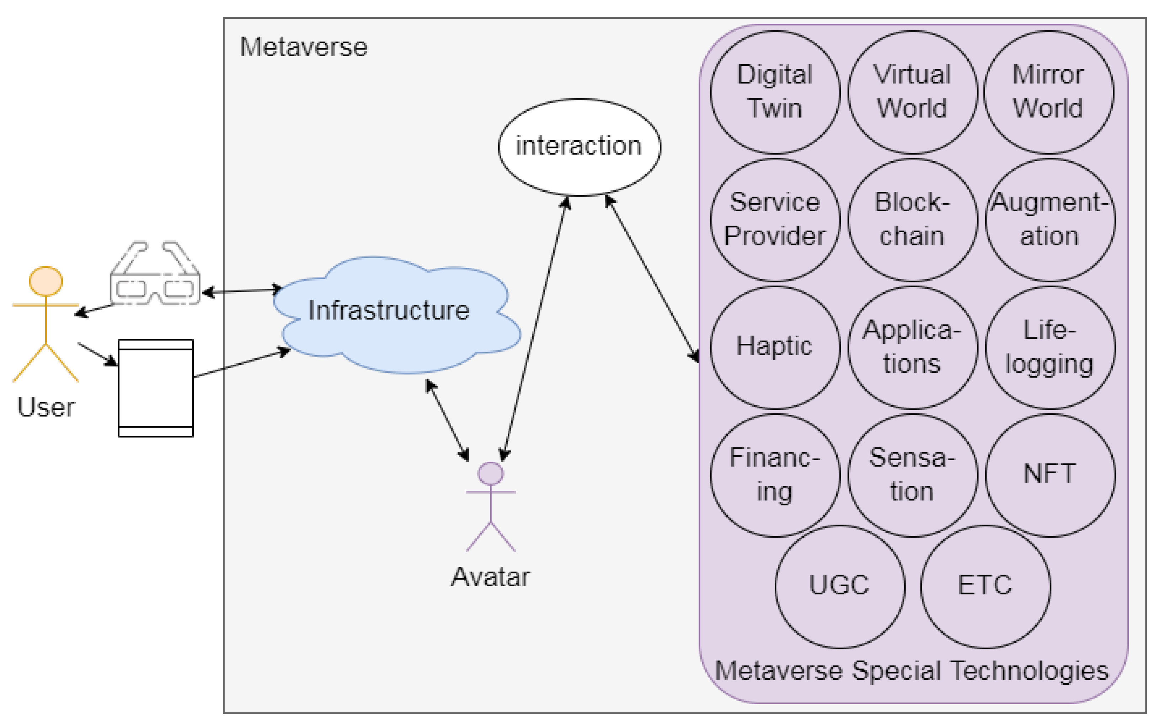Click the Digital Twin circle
775,92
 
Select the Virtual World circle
913,92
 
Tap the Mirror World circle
1049,92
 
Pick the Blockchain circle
913,220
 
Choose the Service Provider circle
775,220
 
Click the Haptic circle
775,347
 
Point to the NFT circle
1050,475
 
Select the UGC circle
840,587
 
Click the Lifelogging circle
1050,347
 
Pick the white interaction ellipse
579,147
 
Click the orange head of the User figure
46,281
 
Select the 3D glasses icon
155,273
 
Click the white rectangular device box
156,388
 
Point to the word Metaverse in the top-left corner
304,47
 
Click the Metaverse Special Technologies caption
912,671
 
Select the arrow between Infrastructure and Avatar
447,420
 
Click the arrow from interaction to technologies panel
652,278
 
